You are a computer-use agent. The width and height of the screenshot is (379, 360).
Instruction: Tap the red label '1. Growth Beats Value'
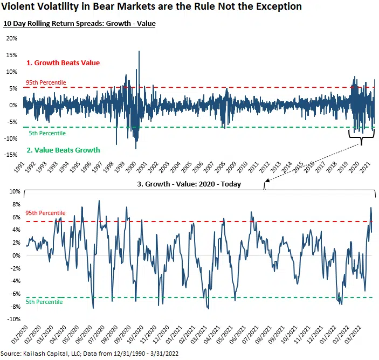[63, 63]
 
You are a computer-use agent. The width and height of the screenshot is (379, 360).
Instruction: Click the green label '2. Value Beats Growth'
[63, 150]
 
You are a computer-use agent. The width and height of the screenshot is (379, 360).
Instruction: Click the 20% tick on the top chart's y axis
[11, 38]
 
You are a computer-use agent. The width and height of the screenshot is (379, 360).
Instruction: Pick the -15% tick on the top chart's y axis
[11, 155]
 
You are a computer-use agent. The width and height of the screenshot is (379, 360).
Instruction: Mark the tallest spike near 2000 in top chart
[139, 52]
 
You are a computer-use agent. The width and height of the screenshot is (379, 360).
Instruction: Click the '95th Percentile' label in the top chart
[46, 82]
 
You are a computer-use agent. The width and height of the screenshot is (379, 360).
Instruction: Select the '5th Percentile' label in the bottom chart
[45, 302]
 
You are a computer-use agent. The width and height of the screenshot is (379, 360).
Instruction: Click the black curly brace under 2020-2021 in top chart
[361, 139]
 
